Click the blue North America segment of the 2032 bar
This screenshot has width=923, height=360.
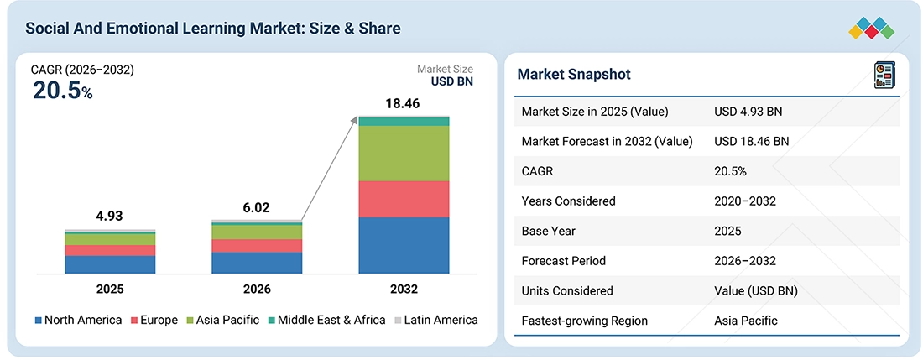(404, 245)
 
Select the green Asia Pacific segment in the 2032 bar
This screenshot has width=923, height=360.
(404, 153)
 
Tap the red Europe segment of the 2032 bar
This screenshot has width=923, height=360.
(404, 199)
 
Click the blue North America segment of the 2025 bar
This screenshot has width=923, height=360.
(110, 264)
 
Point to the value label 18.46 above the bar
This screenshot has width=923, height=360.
(404, 105)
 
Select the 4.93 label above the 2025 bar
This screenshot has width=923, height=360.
(110, 217)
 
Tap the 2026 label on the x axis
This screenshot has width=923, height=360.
(258, 290)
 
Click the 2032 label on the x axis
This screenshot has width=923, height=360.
(404, 290)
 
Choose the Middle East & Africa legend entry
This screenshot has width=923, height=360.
(326, 320)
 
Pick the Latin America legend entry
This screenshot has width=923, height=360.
(435, 320)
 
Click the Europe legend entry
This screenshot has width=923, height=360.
(154, 320)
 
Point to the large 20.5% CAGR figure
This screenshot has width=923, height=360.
(62, 91)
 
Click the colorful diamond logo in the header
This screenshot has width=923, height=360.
(872, 29)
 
